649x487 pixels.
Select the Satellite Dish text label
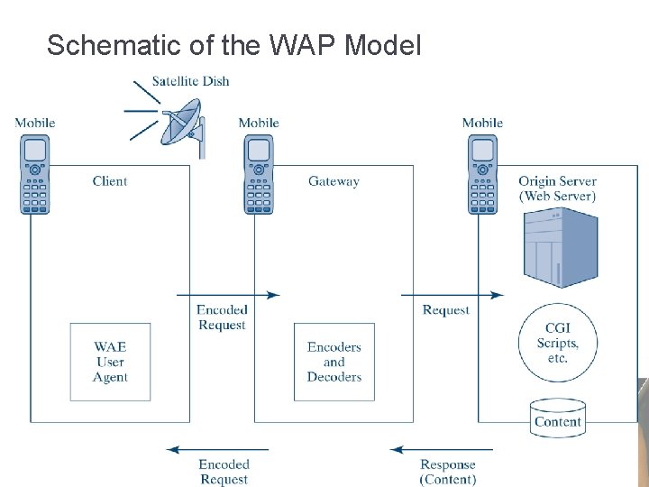click(x=190, y=81)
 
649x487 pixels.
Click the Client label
click(x=110, y=181)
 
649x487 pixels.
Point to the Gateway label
click(x=334, y=181)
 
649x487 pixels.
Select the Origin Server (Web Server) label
click(x=557, y=188)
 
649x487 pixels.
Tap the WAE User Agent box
click(x=110, y=362)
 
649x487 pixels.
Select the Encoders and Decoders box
click(x=334, y=362)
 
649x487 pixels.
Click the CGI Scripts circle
click(x=557, y=344)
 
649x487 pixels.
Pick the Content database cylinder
click(x=557, y=418)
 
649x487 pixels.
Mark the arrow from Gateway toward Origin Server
click(x=452, y=294)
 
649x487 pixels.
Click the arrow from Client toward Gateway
click(x=228, y=294)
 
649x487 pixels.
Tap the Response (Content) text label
click(x=448, y=472)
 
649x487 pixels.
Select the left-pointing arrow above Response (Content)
click(x=441, y=449)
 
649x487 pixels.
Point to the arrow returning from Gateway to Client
click(x=217, y=449)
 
